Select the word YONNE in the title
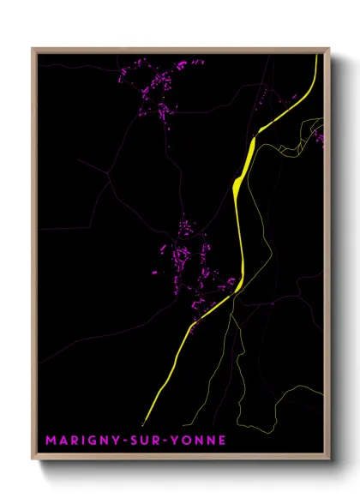tap(199, 441)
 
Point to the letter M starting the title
tap(51, 441)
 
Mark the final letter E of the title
tap(223, 441)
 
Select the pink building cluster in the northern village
tap(158, 94)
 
